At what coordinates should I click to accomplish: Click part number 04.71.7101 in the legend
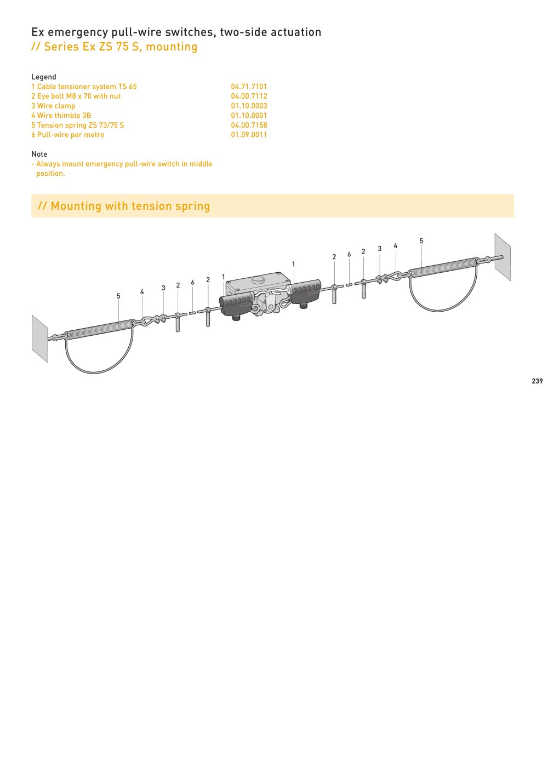[249, 87]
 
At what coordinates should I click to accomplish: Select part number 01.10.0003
[249, 106]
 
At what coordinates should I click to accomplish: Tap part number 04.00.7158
[249, 125]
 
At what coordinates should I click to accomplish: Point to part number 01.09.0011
[249, 135]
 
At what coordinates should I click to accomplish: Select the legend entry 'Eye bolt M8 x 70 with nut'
[76, 96]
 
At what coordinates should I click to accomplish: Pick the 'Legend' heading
[43, 77]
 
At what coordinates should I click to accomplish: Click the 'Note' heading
[39, 154]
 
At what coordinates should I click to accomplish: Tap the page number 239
[537, 381]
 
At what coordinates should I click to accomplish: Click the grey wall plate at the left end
[40, 339]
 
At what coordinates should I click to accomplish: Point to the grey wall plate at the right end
[503, 257]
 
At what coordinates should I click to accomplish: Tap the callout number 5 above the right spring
[421, 241]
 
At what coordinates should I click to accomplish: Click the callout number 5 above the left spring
[118, 296]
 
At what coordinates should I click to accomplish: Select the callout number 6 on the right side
[349, 254]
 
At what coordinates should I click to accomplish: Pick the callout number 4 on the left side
[142, 292]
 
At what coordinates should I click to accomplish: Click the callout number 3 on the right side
[380, 249]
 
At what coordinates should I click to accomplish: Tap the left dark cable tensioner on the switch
[236, 305]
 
